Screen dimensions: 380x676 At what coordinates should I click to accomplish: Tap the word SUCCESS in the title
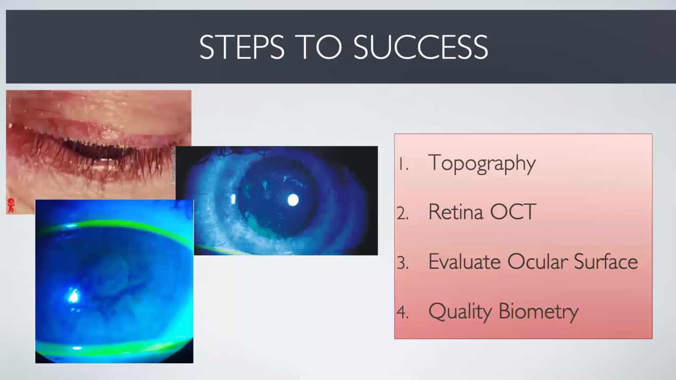tap(420, 47)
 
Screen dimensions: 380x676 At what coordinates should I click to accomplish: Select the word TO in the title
tap(320, 47)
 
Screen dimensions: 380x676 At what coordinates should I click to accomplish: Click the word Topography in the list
tap(482, 164)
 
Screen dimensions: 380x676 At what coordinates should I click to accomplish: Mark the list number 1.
tap(403, 165)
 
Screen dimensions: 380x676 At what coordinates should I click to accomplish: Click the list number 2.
tap(403, 214)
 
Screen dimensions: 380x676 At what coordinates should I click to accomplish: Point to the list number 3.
tap(403, 263)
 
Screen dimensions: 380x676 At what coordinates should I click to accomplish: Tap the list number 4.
tap(403, 312)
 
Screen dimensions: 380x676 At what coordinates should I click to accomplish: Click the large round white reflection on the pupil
tap(293, 200)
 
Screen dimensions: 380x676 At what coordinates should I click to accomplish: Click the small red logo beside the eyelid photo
tap(11, 203)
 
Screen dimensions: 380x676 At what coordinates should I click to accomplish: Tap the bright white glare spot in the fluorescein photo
tap(73, 296)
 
